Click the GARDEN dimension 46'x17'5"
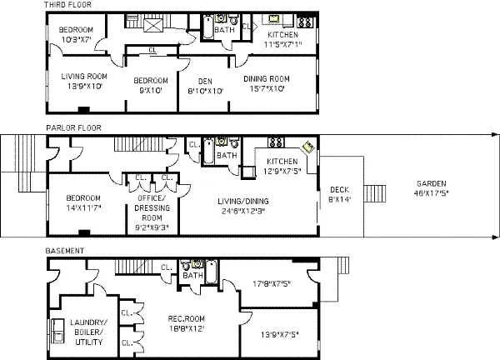click(x=432, y=192)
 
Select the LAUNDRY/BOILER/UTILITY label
click(x=88, y=331)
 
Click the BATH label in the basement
click(x=192, y=275)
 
